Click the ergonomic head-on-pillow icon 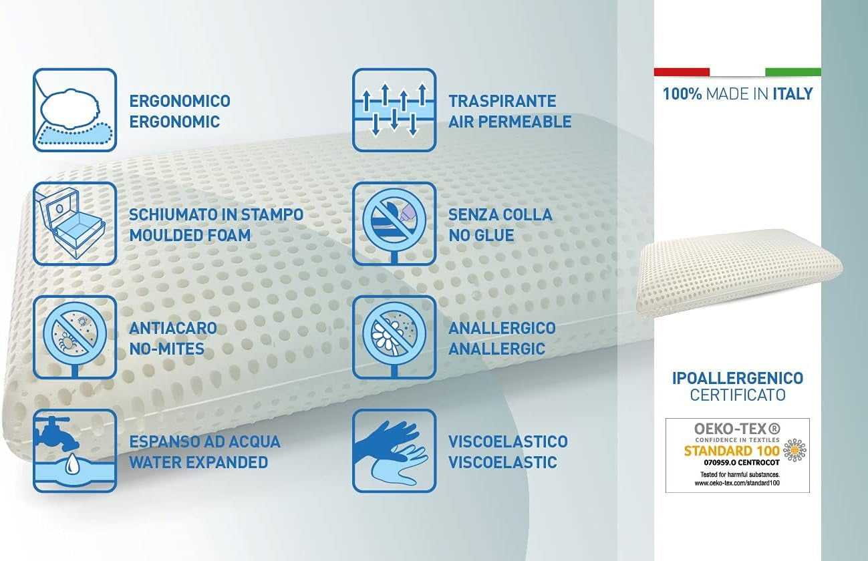pyautogui.click(x=74, y=110)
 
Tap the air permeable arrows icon pyautogui.click(x=394, y=110)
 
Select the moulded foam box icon pyautogui.click(x=74, y=224)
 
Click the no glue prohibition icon pyautogui.click(x=394, y=224)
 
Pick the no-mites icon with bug pyautogui.click(x=74, y=337)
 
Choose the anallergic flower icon pyautogui.click(x=394, y=337)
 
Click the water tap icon pyautogui.click(x=74, y=451)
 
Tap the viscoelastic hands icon pyautogui.click(x=394, y=451)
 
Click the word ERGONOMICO pyautogui.click(x=179, y=101)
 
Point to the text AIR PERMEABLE pyautogui.click(x=509, y=122)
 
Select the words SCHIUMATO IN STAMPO pyautogui.click(x=216, y=214)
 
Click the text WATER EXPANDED pyautogui.click(x=198, y=462)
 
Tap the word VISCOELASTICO pyautogui.click(x=508, y=441)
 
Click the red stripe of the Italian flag pyautogui.click(x=682, y=71)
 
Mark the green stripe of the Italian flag pyautogui.click(x=792, y=71)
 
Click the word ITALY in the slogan pyautogui.click(x=792, y=93)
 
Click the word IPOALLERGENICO pyautogui.click(x=737, y=379)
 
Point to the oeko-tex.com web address pyautogui.click(x=737, y=482)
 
